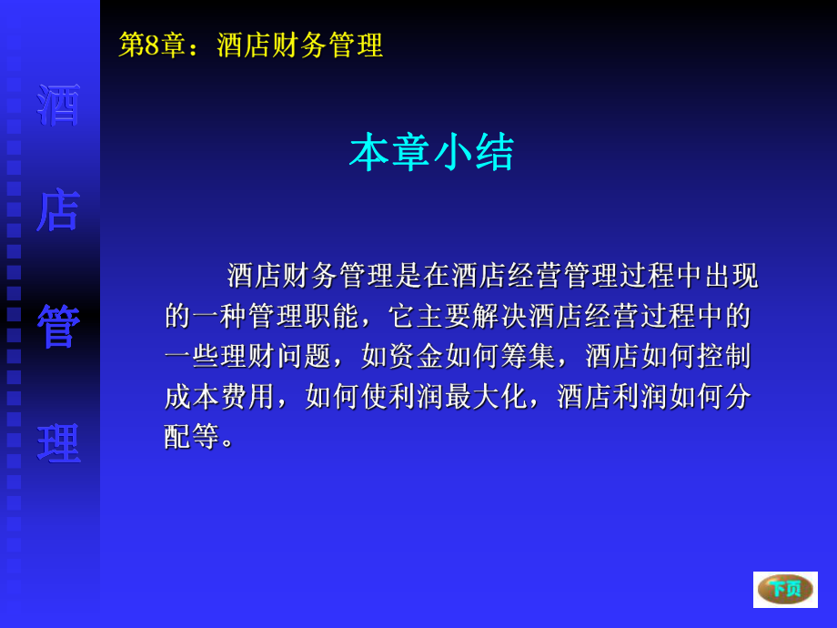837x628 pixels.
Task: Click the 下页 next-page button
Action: click(785, 589)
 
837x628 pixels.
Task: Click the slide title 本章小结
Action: click(431, 152)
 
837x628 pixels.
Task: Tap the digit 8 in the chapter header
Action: click(152, 45)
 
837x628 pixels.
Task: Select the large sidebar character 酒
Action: click(58, 106)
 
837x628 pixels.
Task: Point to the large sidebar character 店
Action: click(58, 210)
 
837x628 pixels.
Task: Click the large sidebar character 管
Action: click(58, 327)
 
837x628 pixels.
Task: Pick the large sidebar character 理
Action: click(58, 443)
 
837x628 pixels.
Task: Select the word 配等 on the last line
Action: click(192, 435)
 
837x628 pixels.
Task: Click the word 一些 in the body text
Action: click(192, 355)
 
